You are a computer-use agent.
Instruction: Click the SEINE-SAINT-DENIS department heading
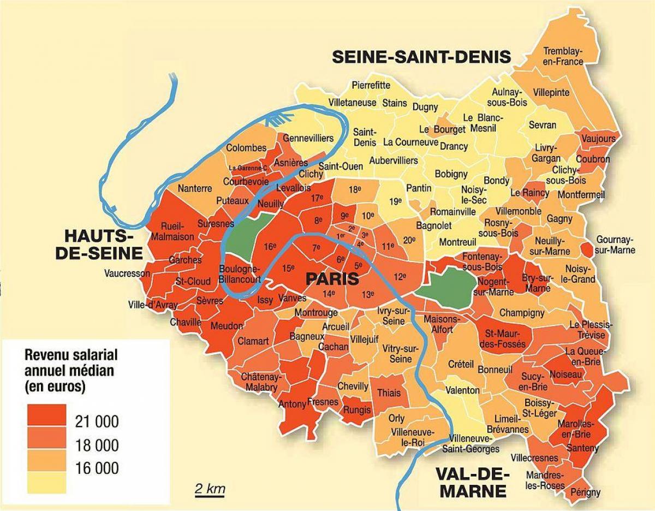pos(421,57)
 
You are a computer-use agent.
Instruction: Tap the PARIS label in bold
pos(332,279)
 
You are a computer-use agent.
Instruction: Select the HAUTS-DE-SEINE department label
pos(103,245)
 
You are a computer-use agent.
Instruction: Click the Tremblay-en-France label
pos(563,56)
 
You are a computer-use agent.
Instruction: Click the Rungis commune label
pos(357,409)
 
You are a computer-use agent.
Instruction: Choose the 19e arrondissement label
pos(395,201)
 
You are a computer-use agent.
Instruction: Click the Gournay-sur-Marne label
pos(616,245)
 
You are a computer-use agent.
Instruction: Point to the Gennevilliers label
pos(308,139)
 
